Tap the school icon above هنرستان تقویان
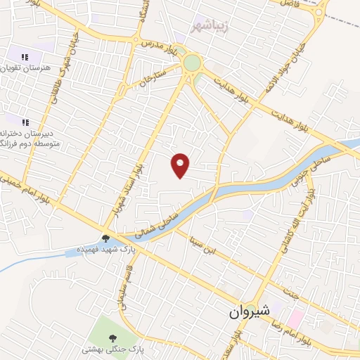pos(25,57)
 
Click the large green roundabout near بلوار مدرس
pos(191,63)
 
